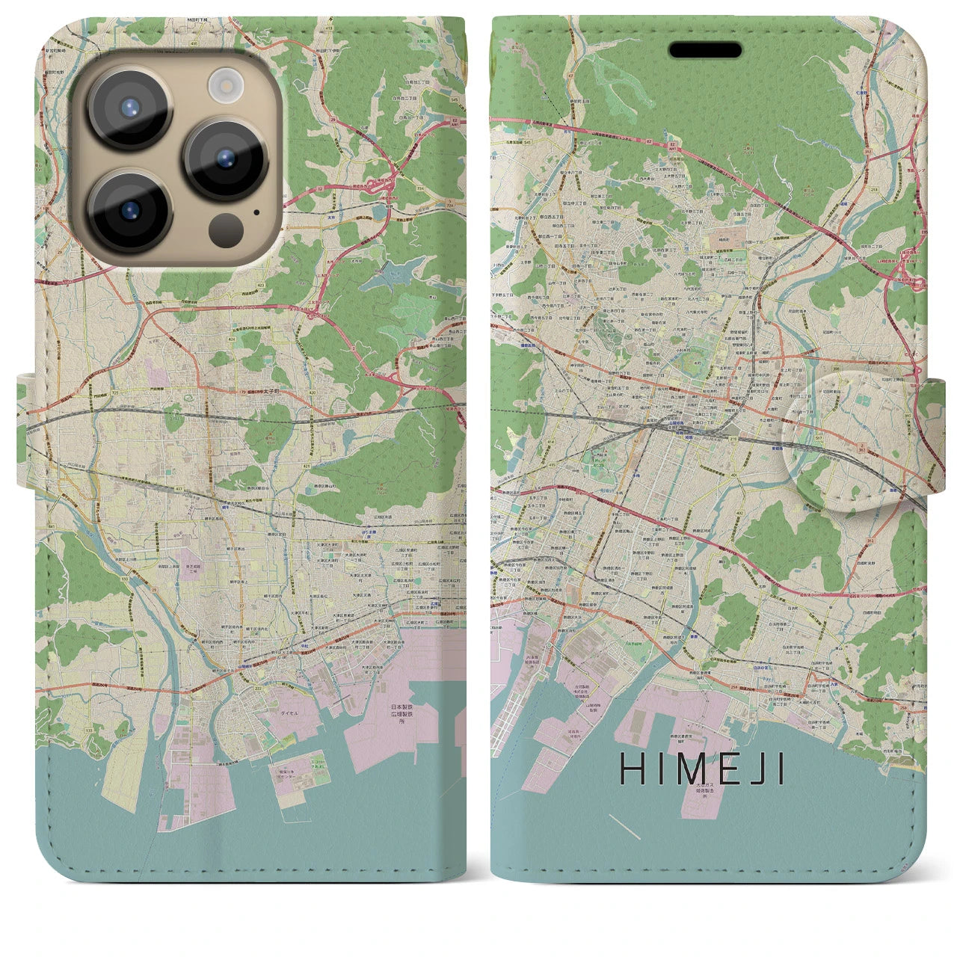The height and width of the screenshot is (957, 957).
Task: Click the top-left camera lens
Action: pyautogui.click(x=132, y=107)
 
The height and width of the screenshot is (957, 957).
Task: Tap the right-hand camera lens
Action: pyautogui.click(x=226, y=159)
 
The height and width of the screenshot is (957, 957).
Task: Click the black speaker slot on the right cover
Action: pyautogui.click(x=705, y=50)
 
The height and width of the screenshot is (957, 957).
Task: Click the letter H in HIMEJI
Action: pyautogui.click(x=630, y=769)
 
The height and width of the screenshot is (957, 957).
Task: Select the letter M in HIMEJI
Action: pyautogui.click(x=691, y=769)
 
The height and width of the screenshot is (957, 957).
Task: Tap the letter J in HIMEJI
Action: pyautogui.click(x=760, y=769)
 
